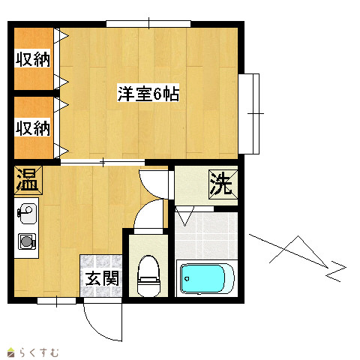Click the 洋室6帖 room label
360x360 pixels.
coord(148,94)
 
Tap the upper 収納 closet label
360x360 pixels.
coord(32,58)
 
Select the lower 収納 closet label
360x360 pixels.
coord(32,128)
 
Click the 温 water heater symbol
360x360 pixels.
coord(28,180)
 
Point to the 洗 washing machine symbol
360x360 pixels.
coord(223,184)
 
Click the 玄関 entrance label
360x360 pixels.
coord(102,278)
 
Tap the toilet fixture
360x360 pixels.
coord(148,276)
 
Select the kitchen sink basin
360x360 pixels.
coord(27,214)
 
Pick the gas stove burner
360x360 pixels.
coord(27,241)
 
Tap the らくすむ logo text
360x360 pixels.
coord(39,352)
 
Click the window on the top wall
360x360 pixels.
coord(148,24)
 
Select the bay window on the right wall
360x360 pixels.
coord(249,114)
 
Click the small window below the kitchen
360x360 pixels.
coord(56,301)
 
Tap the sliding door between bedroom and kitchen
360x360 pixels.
coord(103,163)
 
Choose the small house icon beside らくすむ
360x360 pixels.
coord(11,352)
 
